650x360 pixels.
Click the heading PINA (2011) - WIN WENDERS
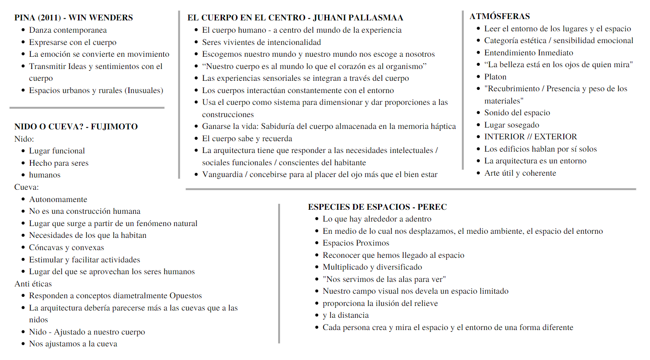click(74, 18)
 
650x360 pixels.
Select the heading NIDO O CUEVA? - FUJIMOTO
click(76, 127)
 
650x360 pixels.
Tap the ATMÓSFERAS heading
click(499, 16)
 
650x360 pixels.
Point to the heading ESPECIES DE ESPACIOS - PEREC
click(377, 207)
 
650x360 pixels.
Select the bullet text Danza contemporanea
click(68, 30)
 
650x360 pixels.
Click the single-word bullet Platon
click(495, 77)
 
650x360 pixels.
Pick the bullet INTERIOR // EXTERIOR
click(531, 137)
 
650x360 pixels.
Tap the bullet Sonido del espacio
click(517, 113)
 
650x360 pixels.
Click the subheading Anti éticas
click(33, 284)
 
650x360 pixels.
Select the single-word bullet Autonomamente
click(58, 199)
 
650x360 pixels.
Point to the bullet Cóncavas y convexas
click(66, 247)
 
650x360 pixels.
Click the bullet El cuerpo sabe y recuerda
click(247, 138)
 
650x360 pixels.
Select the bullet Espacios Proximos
click(356, 243)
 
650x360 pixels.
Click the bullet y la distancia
click(345, 315)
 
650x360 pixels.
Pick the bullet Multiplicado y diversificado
click(372, 267)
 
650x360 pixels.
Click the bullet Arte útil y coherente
click(520, 173)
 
